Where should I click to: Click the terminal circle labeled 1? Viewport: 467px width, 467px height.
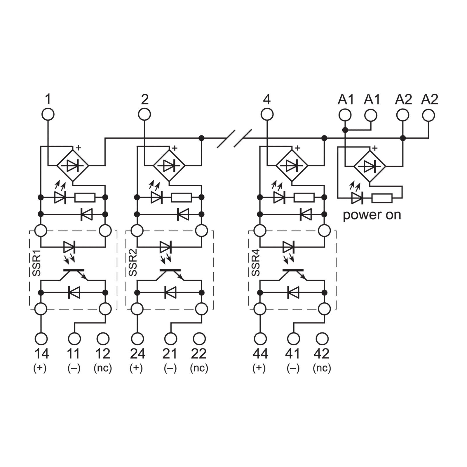(x=48, y=114)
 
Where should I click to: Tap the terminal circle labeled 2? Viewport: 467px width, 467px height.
(x=144, y=114)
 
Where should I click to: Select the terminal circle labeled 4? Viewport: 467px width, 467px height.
(x=267, y=114)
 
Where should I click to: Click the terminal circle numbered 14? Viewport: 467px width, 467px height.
(x=41, y=339)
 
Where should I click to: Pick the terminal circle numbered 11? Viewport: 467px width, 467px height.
(x=74, y=339)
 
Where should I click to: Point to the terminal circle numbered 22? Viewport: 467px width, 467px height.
(x=199, y=339)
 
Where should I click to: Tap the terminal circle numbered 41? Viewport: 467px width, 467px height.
(x=294, y=339)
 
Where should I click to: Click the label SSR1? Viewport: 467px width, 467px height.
(x=36, y=266)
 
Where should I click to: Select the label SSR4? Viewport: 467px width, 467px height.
(x=255, y=266)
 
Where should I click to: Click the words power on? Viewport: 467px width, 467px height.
(x=372, y=215)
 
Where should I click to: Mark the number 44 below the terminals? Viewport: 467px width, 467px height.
(x=260, y=354)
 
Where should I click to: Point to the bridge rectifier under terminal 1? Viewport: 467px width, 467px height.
(x=73, y=166)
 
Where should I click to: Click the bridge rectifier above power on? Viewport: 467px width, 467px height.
(x=370, y=166)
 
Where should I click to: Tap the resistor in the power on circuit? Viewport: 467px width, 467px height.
(x=382, y=198)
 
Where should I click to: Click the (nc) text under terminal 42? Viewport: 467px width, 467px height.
(x=322, y=368)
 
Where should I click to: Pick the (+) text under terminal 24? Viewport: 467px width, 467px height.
(x=136, y=368)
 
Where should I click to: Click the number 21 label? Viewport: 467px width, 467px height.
(x=170, y=354)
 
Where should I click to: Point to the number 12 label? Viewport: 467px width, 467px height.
(x=103, y=354)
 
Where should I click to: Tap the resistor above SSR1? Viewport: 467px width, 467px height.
(x=85, y=198)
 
